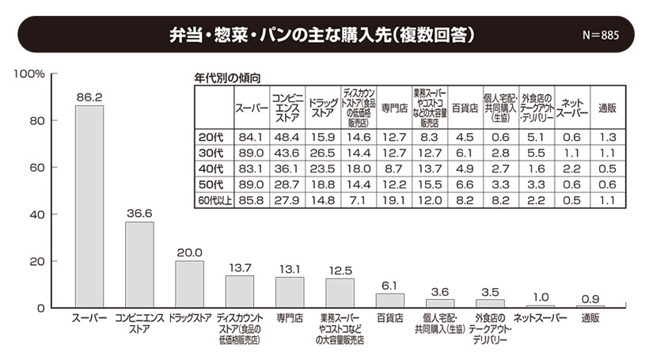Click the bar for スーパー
point(89,206)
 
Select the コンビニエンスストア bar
point(139,264)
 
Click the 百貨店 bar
point(390,300)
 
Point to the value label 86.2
point(89,97)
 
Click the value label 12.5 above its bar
point(340,271)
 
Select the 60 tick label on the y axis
point(36,168)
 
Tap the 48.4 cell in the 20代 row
point(285,137)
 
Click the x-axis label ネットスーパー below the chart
point(541,318)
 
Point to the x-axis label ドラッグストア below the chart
point(190,318)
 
